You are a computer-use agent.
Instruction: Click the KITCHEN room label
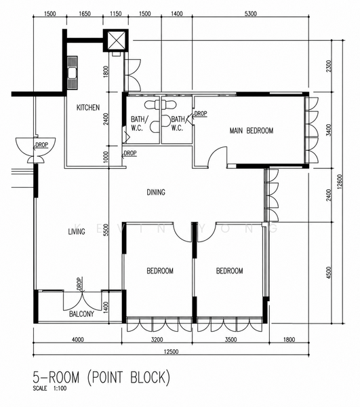[x=88, y=107]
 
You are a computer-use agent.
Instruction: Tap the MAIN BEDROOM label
[x=252, y=130]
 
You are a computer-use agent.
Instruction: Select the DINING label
[x=156, y=193]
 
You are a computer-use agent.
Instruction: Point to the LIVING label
[x=77, y=231]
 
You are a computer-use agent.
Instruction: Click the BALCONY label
[x=81, y=314]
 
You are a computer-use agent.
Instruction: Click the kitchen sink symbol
[x=73, y=73]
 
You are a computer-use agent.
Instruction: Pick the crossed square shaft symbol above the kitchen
[x=116, y=41]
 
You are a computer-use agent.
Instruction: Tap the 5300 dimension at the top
[x=251, y=14]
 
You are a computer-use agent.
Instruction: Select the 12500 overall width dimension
[x=171, y=351]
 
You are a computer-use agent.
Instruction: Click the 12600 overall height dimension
[x=340, y=182]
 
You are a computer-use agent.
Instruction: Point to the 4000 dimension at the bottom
[x=77, y=340]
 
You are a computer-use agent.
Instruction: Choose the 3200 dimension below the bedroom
[x=157, y=340]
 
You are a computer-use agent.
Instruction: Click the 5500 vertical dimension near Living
[x=106, y=230]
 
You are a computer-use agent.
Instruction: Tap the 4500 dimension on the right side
[x=329, y=273]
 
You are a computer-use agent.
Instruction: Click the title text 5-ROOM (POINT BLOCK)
[x=102, y=377]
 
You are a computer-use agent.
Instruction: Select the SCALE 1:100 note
[x=49, y=389]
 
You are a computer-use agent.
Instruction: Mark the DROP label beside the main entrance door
[x=42, y=145]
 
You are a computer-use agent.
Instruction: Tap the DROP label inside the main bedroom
[x=201, y=113]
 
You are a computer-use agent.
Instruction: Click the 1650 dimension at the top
[x=85, y=14]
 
